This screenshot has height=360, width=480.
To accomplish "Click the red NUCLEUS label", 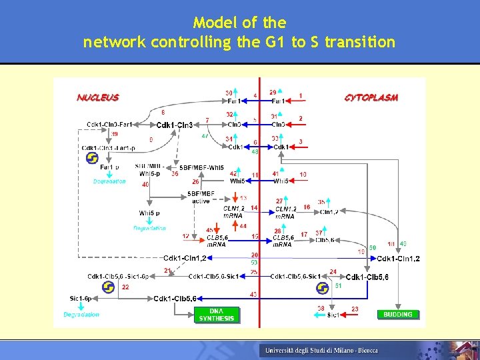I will click(x=98, y=97).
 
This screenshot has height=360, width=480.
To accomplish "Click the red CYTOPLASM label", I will click(x=371, y=97).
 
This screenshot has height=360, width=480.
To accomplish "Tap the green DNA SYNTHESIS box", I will click(x=217, y=315).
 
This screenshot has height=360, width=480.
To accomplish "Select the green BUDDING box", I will click(x=398, y=314).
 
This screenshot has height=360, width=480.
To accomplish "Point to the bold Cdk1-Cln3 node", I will click(x=175, y=125).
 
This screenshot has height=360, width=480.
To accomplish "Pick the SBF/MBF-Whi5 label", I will click(x=202, y=167).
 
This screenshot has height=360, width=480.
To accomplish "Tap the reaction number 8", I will click(x=163, y=113).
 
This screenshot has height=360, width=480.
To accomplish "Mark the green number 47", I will click(x=205, y=136).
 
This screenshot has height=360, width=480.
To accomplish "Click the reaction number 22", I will click(x=125, y=287).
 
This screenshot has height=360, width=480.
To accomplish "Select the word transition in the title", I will click(x=360, y=43).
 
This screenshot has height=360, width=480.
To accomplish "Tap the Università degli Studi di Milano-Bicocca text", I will click(x=321, y=350).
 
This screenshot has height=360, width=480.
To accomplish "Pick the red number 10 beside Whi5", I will click(x=303, y=175).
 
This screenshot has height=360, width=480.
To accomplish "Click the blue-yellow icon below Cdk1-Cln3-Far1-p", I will click(x=92, y=158).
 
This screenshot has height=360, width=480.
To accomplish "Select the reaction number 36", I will click(x=175, y=174).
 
